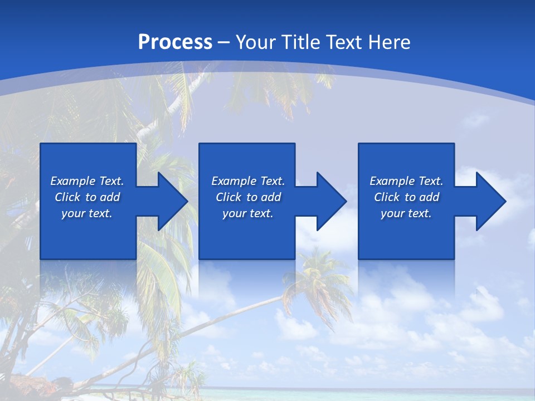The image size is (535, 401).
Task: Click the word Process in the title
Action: tap(175, 42)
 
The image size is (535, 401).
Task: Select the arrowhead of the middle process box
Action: tap(331, 201)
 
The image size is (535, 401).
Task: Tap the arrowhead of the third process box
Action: tap(490, 201)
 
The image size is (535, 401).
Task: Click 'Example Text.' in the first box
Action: tap(87, 181)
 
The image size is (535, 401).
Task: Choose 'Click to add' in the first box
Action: tap(87, 197)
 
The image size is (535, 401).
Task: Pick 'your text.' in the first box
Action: tap(87, 213)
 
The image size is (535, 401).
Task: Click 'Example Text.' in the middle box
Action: tap(248, 181)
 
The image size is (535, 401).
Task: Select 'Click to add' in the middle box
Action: tap(248, 197)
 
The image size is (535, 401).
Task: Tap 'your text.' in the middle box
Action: tap(248, 213)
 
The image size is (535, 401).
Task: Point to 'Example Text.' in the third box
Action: tap(406, 181)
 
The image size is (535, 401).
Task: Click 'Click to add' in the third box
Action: tap(406, 197)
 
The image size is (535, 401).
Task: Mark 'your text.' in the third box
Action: tap(406, 213)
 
